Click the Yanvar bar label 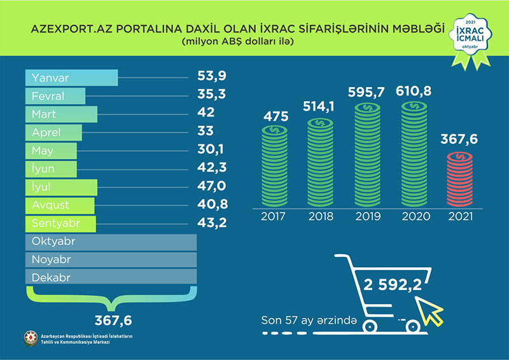point(51,78)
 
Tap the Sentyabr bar point(60,225)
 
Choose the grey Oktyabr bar point(111,243)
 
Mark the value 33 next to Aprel point(204,132)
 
